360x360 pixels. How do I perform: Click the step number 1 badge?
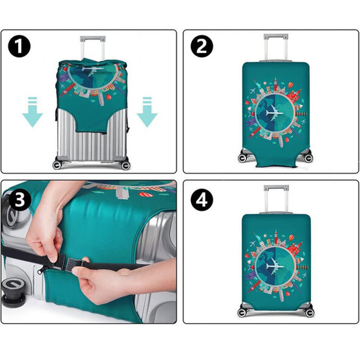tap(19, 46)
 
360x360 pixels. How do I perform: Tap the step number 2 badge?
tap(202, 46)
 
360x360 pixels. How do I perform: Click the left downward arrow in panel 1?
tap(33, 112)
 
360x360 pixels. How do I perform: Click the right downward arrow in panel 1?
tap(147, 112)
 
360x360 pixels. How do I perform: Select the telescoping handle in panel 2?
tap(276, 48)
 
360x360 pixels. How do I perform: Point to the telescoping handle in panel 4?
tap(276, 199)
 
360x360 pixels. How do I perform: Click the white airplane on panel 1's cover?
tap(92, 70)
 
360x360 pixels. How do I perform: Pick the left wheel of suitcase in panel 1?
tap(57, 165)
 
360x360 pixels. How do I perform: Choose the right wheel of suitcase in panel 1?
tap(126, 165)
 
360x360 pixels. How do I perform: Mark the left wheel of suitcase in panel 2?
tap(242, 158)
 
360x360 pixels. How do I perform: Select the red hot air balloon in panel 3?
tap(145, 195)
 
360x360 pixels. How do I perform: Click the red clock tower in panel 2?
tap(275, 84)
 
